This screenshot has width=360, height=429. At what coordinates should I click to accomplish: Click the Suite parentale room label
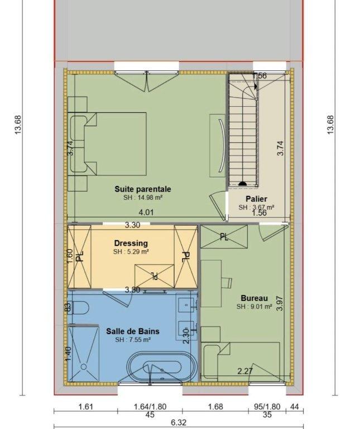[143, 189]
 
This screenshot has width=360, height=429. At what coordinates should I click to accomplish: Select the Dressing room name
[131, 243]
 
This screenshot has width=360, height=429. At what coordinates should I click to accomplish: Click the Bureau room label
[254, 298]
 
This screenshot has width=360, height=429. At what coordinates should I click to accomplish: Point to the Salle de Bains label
[132, 331]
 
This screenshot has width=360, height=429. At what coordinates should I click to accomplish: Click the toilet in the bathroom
[78, 308]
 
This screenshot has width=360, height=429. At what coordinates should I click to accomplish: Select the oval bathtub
[162, 367]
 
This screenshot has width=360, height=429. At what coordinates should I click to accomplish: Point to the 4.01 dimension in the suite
[146, 212]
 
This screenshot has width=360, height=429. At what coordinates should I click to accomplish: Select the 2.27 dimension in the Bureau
[245, 371]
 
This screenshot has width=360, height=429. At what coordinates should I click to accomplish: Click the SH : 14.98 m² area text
[143, 198]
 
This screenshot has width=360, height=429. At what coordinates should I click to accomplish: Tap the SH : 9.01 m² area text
[254, 306]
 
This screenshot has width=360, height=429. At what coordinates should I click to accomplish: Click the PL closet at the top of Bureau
[223, 237]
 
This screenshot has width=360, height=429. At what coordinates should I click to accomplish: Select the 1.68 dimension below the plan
[215, 407]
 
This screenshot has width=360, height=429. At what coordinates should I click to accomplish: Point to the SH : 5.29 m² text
[131, 252]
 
